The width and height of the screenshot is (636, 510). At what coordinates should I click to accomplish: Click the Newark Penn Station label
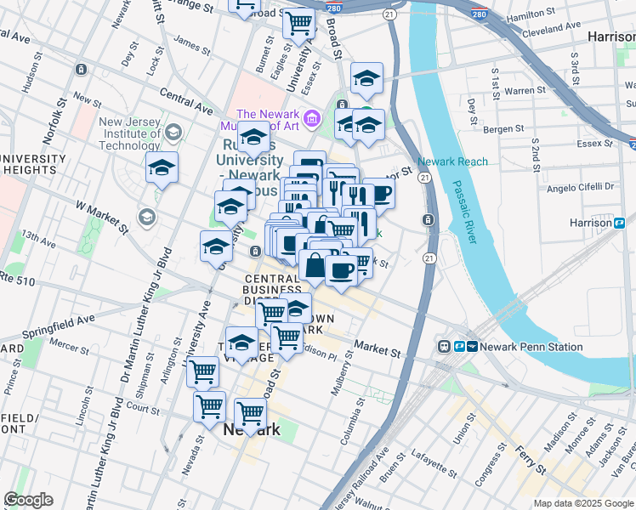[531, 347]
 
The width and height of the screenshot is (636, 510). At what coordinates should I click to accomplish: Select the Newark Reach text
[452, 161]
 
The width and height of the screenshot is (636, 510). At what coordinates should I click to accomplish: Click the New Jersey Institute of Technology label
[129, 133]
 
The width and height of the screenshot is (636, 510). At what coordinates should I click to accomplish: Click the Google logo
[28, 500]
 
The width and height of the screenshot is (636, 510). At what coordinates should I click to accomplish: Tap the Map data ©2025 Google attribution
[583, 503]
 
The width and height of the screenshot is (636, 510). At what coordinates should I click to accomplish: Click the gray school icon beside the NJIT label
[174, 132]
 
